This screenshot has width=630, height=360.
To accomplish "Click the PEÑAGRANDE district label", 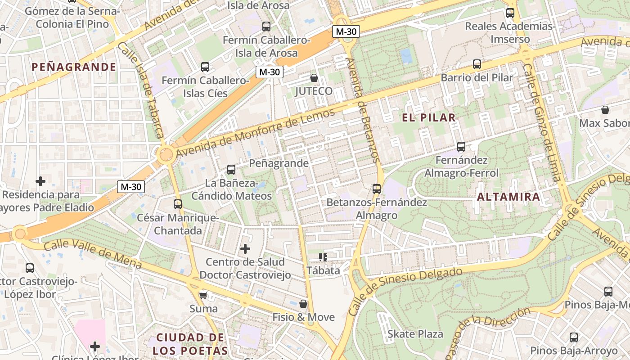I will pos(74,67).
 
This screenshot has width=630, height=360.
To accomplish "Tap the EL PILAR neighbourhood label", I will pos(428,118).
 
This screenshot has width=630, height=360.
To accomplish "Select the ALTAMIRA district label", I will pos(508,197).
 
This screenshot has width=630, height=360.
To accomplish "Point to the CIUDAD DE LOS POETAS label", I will pos(190,344).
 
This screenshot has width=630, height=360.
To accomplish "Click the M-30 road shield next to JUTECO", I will pos(270,72).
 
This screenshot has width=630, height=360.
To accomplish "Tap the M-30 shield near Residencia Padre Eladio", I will pos(131,187).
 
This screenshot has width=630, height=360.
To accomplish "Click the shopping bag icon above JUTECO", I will pos(314,78).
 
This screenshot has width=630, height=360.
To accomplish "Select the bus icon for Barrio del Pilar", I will pos(477,64).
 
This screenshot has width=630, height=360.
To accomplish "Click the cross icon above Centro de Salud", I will pos(245,248).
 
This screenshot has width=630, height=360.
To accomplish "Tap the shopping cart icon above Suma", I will pos(203,295).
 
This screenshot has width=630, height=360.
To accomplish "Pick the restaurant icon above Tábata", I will pos(323,257).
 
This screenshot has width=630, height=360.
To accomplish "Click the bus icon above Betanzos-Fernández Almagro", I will pos(377,189).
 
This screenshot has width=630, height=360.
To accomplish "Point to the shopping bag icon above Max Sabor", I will pos(605,110).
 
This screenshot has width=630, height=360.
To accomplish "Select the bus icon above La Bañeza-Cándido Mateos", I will pos(231,170).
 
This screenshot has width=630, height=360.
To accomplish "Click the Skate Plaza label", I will pos(415,334).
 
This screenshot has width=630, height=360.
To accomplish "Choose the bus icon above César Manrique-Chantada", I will pos(178,204).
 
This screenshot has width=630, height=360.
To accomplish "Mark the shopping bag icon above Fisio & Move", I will pos(304,304).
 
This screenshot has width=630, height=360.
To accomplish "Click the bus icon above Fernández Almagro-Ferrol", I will pos(461,147).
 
